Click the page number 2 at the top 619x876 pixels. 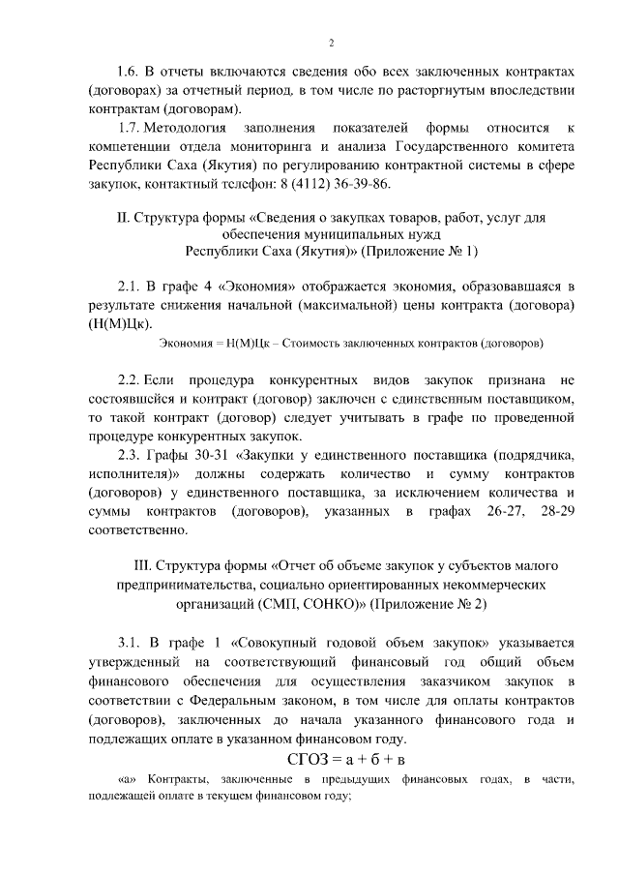coord(331,43)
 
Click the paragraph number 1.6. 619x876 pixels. coord(128,72)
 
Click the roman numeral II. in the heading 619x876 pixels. coord(122,219)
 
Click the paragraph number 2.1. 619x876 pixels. coord(131,287)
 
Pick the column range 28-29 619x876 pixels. coord(555,511)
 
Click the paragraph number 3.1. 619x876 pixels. coord(131,642)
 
